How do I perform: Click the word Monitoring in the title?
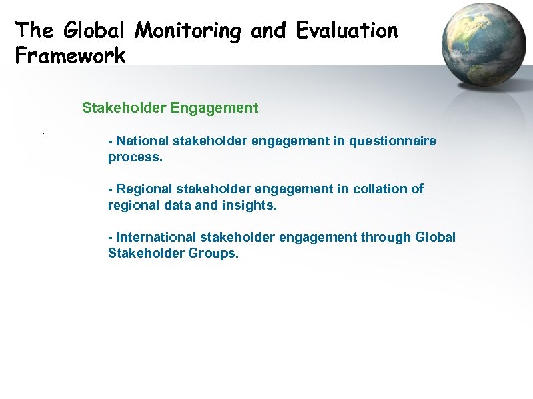[189, 31]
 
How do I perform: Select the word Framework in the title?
[70, 55]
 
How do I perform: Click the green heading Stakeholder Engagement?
[170, 108]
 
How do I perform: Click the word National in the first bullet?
[143, 141]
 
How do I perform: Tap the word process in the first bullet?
[133, 158]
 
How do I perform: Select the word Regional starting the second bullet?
[143, 189]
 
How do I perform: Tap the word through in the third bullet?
[386, 238]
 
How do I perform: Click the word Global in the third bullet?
[435, 238]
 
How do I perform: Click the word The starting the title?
[36, 31]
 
